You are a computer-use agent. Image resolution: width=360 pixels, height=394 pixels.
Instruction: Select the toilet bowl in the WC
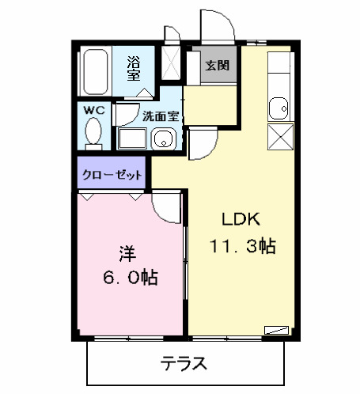point(93,132)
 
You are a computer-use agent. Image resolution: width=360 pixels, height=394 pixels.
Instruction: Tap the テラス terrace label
point(184,365)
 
